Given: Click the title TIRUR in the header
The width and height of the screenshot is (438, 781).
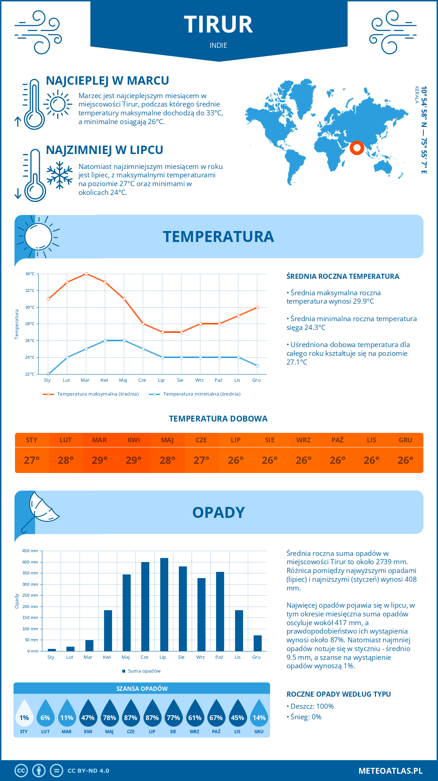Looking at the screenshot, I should pyautogui.click(x=218, y=25).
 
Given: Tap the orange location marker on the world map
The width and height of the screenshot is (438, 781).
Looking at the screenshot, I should pyautogui.click(x=357, y=148).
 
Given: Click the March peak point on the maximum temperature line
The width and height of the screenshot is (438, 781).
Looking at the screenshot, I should pyautogui.click(x=86, y=274).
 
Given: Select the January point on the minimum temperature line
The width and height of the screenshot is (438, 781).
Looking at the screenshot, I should pyautogui.click(x=48, y=374).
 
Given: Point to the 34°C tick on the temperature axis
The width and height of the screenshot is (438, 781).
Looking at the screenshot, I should pyautogui.click(x=30, y=274).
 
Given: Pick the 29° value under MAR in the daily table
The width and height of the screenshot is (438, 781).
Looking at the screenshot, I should pyautogui.click(x=100, y=460).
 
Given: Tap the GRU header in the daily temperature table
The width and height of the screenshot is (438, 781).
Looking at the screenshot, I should pyautogui.click(x=405, y=440).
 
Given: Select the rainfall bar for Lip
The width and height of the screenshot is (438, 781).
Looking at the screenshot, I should pyautogui.click(x=164, y=604).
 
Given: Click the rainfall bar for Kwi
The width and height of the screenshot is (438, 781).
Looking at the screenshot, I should pyautogui.click(x=108, y=631).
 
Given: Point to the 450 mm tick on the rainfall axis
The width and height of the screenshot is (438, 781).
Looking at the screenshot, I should pyautogui.click(x=30, y=551).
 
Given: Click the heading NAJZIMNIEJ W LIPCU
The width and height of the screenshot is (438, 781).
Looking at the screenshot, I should pyautogui.click(x=104, y=150).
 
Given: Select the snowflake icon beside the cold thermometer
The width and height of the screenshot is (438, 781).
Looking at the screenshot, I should pyautogui.click(x=59, y=175).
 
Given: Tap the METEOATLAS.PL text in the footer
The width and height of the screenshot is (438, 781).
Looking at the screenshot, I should pyautogui.click(x=391, y=771).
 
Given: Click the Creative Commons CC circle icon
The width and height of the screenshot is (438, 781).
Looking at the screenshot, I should pyautogui.click(x=21, y=771).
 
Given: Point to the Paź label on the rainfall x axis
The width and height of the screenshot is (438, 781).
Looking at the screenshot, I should pyautogui.click(x=219, y=657).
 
